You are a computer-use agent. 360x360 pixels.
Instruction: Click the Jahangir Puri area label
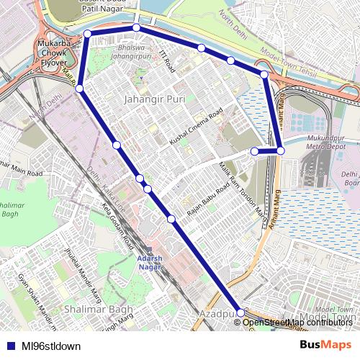[155, 99]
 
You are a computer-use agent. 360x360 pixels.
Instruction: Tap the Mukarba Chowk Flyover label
[53, 53]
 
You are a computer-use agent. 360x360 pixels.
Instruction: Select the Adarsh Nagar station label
[150, 262]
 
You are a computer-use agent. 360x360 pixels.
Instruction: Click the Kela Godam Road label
[117, 220]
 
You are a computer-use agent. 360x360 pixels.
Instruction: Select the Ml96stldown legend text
[50, 346]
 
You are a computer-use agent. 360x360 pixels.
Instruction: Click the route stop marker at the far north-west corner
[87, 34]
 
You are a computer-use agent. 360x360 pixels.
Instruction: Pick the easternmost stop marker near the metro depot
[281, 150]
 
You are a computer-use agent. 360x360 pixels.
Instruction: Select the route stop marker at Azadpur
[240, 313]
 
